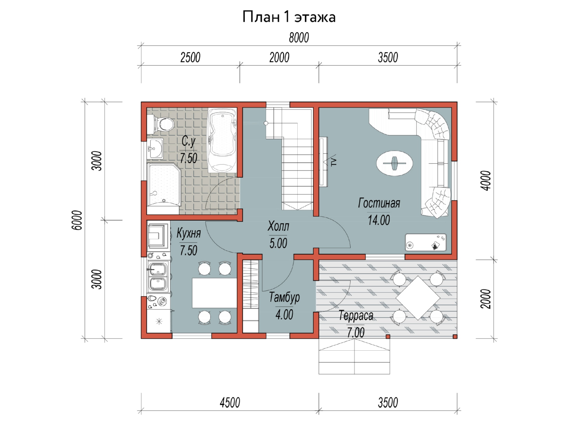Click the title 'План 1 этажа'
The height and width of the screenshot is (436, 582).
tap(289, 17)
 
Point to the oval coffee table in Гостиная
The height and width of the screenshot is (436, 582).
tap(394, 163)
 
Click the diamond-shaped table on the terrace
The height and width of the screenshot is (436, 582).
tap(418, 298)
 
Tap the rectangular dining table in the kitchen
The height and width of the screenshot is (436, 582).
tap(215, 293)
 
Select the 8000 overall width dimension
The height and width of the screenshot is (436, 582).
tap(299, 38)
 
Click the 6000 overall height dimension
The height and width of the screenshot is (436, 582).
tap(77, 220)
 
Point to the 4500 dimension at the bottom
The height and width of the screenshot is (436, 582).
tap(230, 403)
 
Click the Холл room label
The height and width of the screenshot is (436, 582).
tap(278, 226)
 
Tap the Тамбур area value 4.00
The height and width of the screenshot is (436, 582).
tap(284, 315)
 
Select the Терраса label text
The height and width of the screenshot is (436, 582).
tap(356, 316)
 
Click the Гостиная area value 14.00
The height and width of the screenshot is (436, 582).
tap(379, 220)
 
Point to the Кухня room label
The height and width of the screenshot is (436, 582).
tap(189, 233)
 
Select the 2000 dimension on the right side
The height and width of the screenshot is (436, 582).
tap(486, 299)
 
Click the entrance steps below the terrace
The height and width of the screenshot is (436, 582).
tap(354, 356)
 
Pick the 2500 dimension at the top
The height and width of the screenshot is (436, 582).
tap(190, 58)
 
